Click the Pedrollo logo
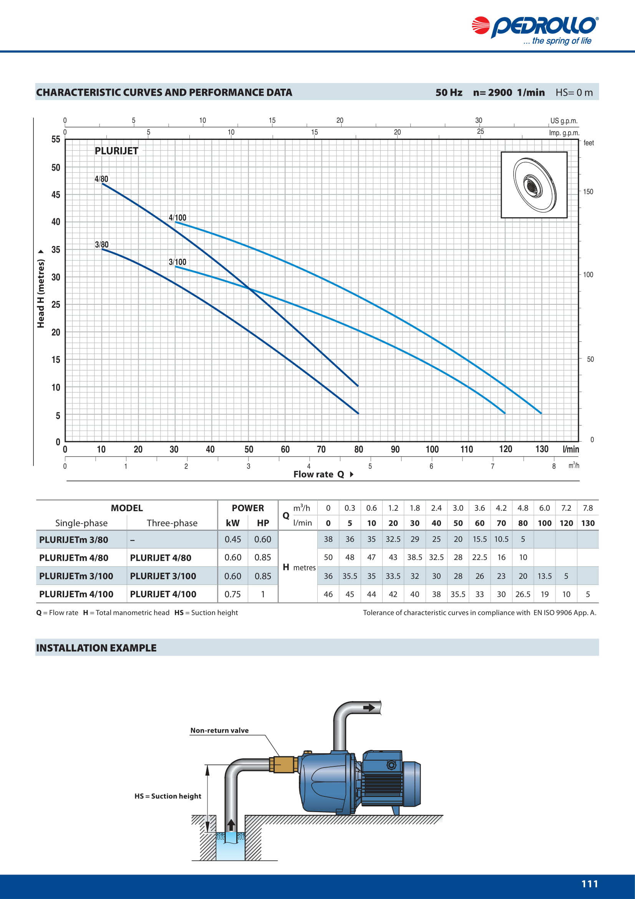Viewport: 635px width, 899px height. pos(535,30)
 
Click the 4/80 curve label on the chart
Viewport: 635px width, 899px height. pos(101,179)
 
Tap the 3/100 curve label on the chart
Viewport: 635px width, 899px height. pos(177,262)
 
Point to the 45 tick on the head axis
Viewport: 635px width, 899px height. pos(56,194)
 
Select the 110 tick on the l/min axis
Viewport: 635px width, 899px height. pos(466,449)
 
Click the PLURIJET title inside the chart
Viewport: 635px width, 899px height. pos(116,151)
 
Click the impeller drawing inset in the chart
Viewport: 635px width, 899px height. pos(534,185)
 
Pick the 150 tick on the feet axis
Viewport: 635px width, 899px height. pos(588,191)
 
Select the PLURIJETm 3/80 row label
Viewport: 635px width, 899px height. pos(73,540)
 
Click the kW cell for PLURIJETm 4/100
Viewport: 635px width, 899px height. pos(232,594)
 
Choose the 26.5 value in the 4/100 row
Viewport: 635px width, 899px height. pos(523,594)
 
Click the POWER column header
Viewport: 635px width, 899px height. pos(248,508)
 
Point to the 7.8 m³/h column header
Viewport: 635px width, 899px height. pos(588,508)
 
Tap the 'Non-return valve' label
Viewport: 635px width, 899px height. pos(219,730)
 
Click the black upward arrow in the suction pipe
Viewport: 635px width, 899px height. pos(231,824)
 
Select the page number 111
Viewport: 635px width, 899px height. pos(590,884)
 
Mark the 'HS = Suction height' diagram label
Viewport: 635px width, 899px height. pos(168,796)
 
